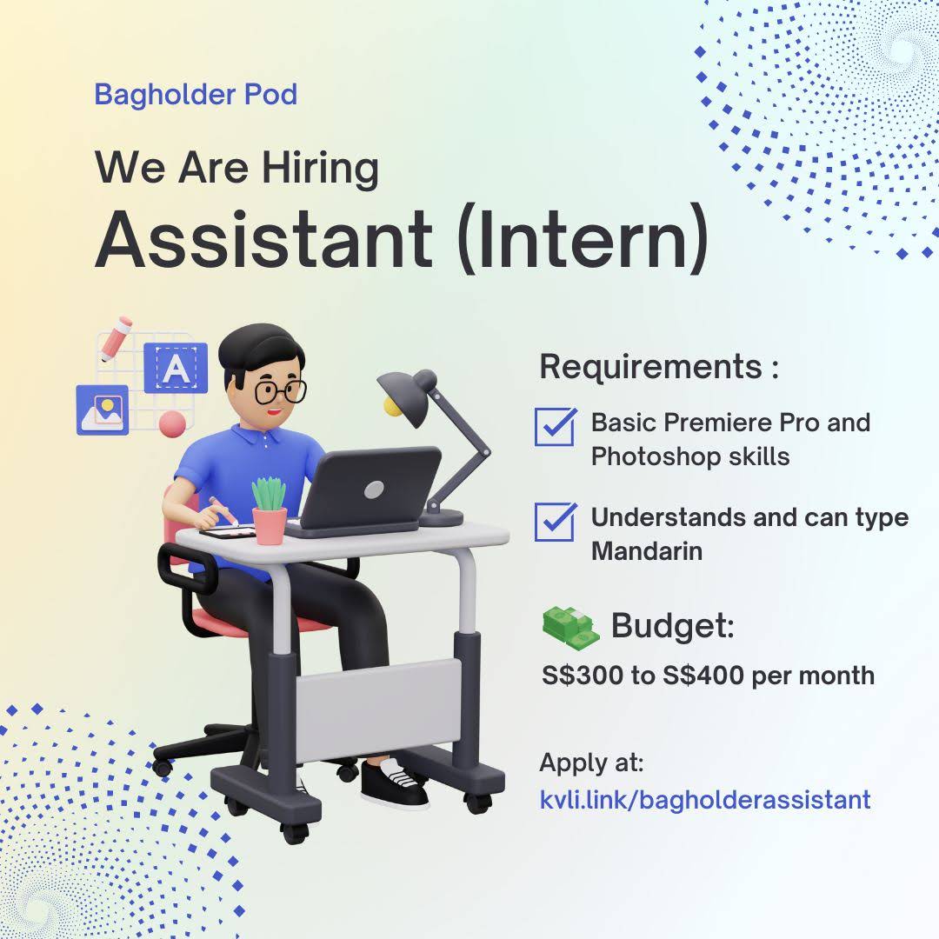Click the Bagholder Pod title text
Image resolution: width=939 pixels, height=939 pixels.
pos(196,95)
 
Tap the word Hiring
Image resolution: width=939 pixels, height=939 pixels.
pos(320,169)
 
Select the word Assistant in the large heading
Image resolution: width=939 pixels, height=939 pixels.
pos(263,240)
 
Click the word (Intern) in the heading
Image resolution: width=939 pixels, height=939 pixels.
pos(583,240)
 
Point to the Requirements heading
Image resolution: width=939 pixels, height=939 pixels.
pos(659,367)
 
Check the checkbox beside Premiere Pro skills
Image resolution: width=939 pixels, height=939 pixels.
pos(555,426)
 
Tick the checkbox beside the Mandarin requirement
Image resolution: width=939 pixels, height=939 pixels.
pos(555,522)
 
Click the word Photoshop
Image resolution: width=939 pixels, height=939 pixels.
pos(656,457)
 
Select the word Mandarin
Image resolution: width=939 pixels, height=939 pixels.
pos(647,551)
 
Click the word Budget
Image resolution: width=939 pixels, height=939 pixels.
pos(672,626)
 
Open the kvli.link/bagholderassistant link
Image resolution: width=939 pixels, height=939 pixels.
pos(705,800)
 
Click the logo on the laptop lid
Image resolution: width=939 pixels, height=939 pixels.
pos(374,489)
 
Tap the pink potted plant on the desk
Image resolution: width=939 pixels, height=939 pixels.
pos(269,511)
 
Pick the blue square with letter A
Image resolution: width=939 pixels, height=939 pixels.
pos(176,368)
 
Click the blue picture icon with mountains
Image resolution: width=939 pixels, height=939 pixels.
pos(103,410)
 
